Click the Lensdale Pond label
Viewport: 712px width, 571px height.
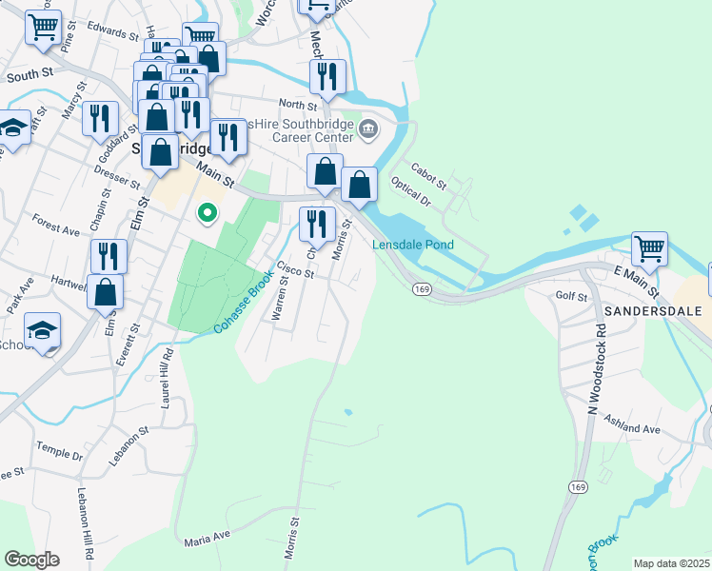411,245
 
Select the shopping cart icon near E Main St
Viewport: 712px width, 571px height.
650,249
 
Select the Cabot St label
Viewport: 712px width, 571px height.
428,171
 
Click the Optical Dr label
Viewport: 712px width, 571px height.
411,197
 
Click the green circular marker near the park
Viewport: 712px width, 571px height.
205,213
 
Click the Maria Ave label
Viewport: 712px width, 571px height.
208,539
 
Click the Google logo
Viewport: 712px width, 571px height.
31,560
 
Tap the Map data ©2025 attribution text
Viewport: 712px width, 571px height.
671,563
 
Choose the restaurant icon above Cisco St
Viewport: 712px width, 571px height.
318,225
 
